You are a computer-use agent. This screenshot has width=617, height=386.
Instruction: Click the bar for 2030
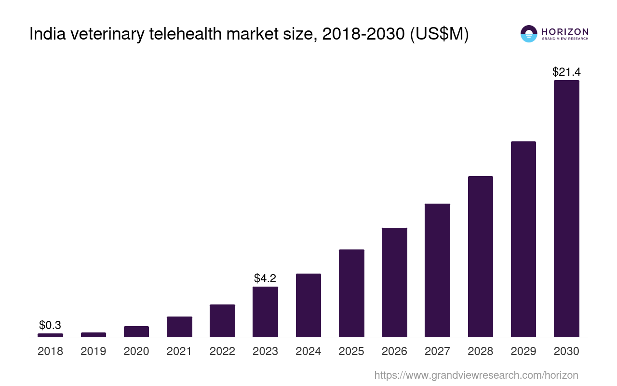566,208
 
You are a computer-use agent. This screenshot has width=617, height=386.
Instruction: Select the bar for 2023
265,312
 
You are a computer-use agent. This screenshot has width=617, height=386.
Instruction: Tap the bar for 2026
394,282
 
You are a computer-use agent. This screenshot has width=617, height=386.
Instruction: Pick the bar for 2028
480,256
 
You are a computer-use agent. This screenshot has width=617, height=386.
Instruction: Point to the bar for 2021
179,327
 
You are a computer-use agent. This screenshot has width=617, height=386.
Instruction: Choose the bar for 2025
351,293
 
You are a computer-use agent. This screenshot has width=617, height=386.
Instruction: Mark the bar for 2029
523,239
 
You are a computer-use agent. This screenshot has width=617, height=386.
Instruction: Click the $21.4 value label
566,72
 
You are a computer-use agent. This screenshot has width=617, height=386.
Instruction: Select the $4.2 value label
265,278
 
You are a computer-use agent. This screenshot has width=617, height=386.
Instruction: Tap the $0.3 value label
50,325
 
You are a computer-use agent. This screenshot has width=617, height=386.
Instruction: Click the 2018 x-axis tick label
50,351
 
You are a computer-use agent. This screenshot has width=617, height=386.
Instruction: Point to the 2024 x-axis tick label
308,351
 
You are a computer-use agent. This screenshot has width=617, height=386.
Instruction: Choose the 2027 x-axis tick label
437,351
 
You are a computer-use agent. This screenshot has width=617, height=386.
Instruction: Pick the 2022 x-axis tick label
222,351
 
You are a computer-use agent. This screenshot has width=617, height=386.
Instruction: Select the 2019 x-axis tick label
93,351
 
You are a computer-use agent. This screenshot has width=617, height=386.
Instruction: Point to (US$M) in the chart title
439,34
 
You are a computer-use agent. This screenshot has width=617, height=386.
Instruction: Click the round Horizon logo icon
528,34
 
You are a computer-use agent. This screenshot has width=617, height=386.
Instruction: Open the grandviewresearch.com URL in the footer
476,375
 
